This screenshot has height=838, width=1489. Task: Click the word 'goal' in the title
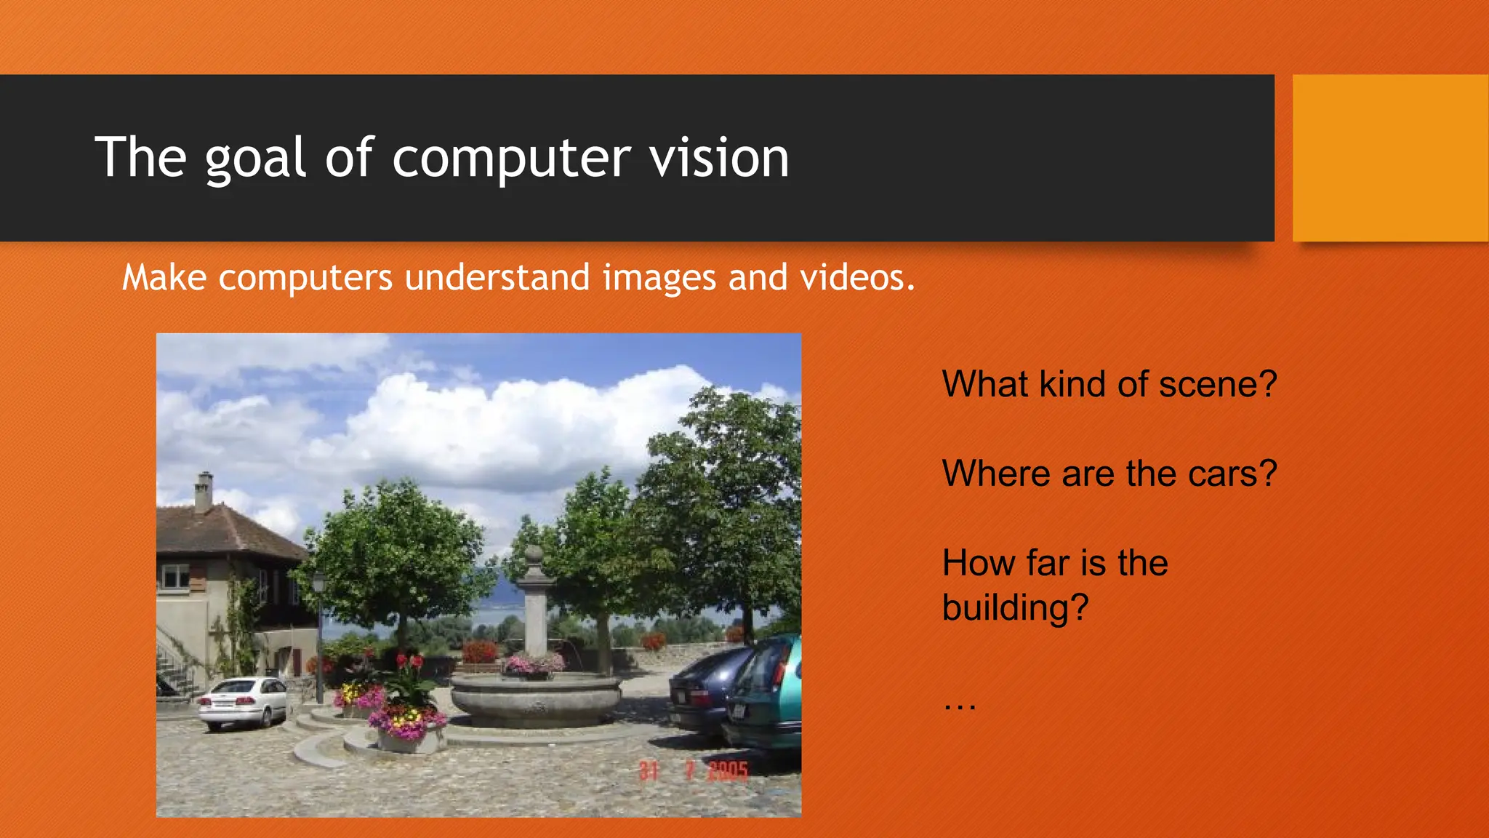point(254,159)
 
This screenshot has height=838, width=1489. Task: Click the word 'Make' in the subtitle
point(164,277)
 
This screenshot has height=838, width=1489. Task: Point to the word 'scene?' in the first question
point(1217,384)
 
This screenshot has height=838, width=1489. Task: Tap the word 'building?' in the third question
point(1015,607)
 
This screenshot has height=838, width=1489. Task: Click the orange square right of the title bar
point(1390,158)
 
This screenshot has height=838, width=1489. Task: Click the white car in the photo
point(242,702)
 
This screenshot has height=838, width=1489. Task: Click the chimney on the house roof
point(204,492)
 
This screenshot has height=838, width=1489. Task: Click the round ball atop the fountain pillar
point(534,555)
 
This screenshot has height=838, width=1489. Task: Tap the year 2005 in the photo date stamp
point(728,771)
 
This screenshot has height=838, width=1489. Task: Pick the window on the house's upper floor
point(175,577)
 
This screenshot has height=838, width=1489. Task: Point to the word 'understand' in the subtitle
point(497,277)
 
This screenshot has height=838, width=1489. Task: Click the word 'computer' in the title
point(511,159)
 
